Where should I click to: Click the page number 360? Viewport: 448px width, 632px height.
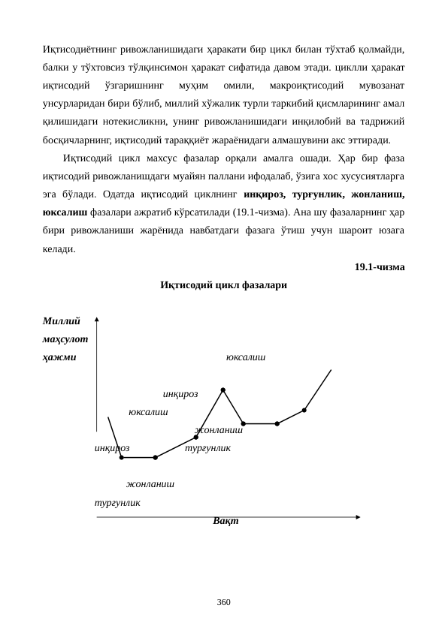223,603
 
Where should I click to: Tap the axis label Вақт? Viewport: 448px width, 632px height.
226,520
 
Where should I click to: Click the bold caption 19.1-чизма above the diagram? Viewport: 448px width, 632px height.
379,267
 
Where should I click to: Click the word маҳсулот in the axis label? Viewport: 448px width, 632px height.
65,339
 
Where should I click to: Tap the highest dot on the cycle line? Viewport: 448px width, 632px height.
223,390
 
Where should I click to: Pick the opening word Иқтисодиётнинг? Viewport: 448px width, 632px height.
83,50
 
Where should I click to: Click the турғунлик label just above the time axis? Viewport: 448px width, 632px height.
117,502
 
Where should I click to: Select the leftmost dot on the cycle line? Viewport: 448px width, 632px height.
122,457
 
